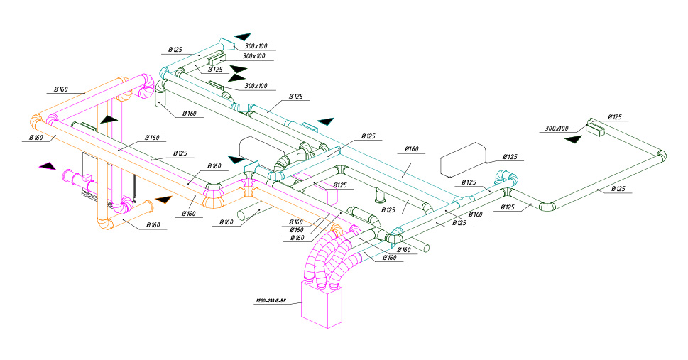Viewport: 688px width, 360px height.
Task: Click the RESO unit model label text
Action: click(271, 301)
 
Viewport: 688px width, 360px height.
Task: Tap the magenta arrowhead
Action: click(48, 166)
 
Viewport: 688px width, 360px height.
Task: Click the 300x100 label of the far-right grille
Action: click(557, 129)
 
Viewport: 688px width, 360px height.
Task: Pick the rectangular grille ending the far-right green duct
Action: click(595, 128)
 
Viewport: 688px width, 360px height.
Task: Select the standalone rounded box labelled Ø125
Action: click(463, 163)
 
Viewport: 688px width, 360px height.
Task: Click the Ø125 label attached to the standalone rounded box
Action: click(510, 156)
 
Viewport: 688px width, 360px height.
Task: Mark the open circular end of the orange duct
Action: click(151, 207)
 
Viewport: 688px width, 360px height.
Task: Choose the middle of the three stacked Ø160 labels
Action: click(297, 229)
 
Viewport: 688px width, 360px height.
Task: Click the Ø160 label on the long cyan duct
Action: click(412, 149)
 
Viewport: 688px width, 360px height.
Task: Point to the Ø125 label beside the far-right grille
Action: click(614, 117)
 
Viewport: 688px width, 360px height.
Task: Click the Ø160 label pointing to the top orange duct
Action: click(61, 89)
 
